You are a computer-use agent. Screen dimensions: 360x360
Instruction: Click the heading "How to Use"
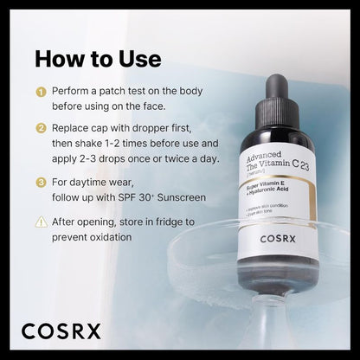pyautogui.click(x=97, y=59)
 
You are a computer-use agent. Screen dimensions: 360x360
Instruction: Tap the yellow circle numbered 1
pyautogui.click(x=40, y=91)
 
